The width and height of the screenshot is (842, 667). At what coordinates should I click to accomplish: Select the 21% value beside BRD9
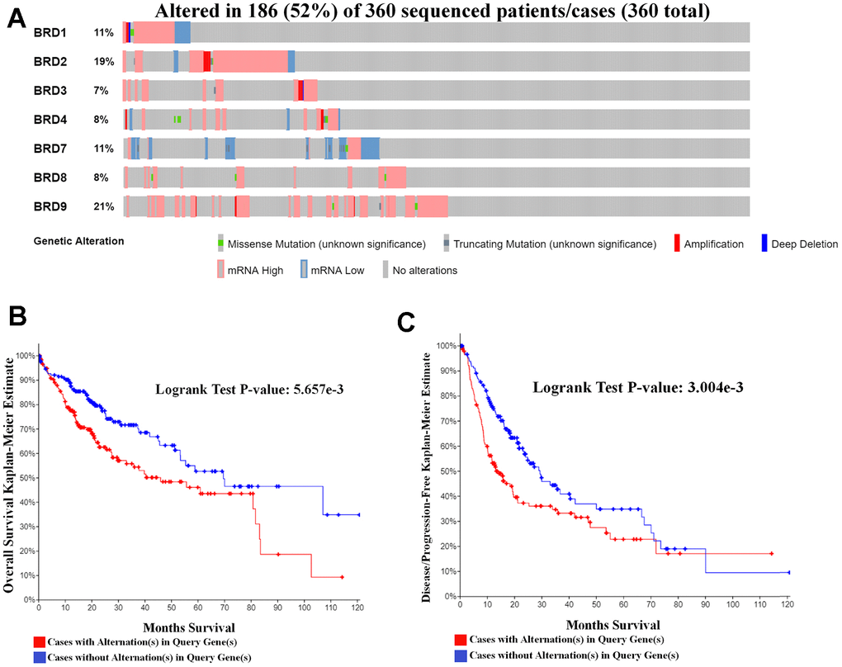[103, 207]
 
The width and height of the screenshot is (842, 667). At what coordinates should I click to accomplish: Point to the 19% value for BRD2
[103, 62]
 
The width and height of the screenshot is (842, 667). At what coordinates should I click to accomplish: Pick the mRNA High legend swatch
[221, 269]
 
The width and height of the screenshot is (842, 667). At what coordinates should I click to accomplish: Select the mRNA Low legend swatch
[304, 269]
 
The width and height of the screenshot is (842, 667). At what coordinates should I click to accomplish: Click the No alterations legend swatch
[386, 269]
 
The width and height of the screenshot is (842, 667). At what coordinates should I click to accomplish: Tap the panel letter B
[17, 318]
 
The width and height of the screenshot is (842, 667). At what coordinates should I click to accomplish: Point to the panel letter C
[406, 321]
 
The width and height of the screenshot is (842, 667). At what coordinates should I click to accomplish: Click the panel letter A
[17, 20]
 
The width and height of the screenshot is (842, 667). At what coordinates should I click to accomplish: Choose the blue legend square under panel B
[39, 657]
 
